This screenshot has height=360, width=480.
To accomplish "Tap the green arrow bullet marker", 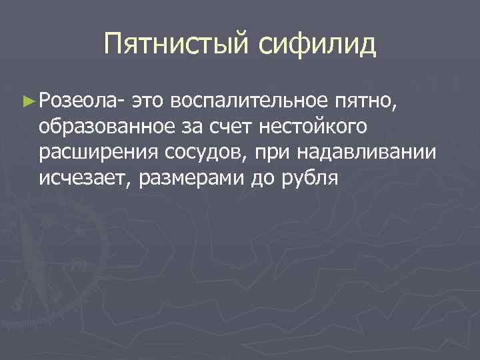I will click(27, 101).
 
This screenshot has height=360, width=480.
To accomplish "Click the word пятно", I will click(364, 102).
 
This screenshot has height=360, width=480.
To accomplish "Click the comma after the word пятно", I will click(398, 105).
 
